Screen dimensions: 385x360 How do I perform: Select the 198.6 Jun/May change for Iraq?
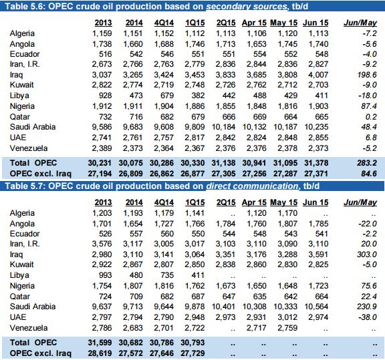367,75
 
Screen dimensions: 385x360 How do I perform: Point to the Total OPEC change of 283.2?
367,163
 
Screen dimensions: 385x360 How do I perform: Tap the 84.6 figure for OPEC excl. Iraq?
369,174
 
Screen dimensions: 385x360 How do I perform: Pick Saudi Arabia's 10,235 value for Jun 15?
316,127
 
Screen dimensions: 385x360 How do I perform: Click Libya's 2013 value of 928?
106,96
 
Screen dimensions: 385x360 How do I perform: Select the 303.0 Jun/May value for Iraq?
367,254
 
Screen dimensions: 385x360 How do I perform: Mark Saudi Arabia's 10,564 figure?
316,307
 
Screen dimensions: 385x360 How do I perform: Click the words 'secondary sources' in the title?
247,7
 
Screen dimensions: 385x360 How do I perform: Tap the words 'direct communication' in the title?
252,186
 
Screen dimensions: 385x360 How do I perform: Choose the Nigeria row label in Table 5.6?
22,106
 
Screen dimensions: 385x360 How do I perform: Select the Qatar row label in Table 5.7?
19,297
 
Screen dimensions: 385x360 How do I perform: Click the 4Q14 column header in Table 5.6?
164,23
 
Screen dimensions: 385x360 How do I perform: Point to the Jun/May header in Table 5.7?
360,202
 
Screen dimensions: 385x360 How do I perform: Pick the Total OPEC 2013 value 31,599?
100,343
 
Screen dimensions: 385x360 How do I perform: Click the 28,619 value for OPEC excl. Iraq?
100,353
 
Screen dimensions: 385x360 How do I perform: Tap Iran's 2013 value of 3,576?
102,244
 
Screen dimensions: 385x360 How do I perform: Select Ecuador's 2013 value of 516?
106,54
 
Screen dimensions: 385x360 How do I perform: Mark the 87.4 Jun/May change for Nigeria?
369,106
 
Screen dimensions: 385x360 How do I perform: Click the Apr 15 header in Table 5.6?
254,23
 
